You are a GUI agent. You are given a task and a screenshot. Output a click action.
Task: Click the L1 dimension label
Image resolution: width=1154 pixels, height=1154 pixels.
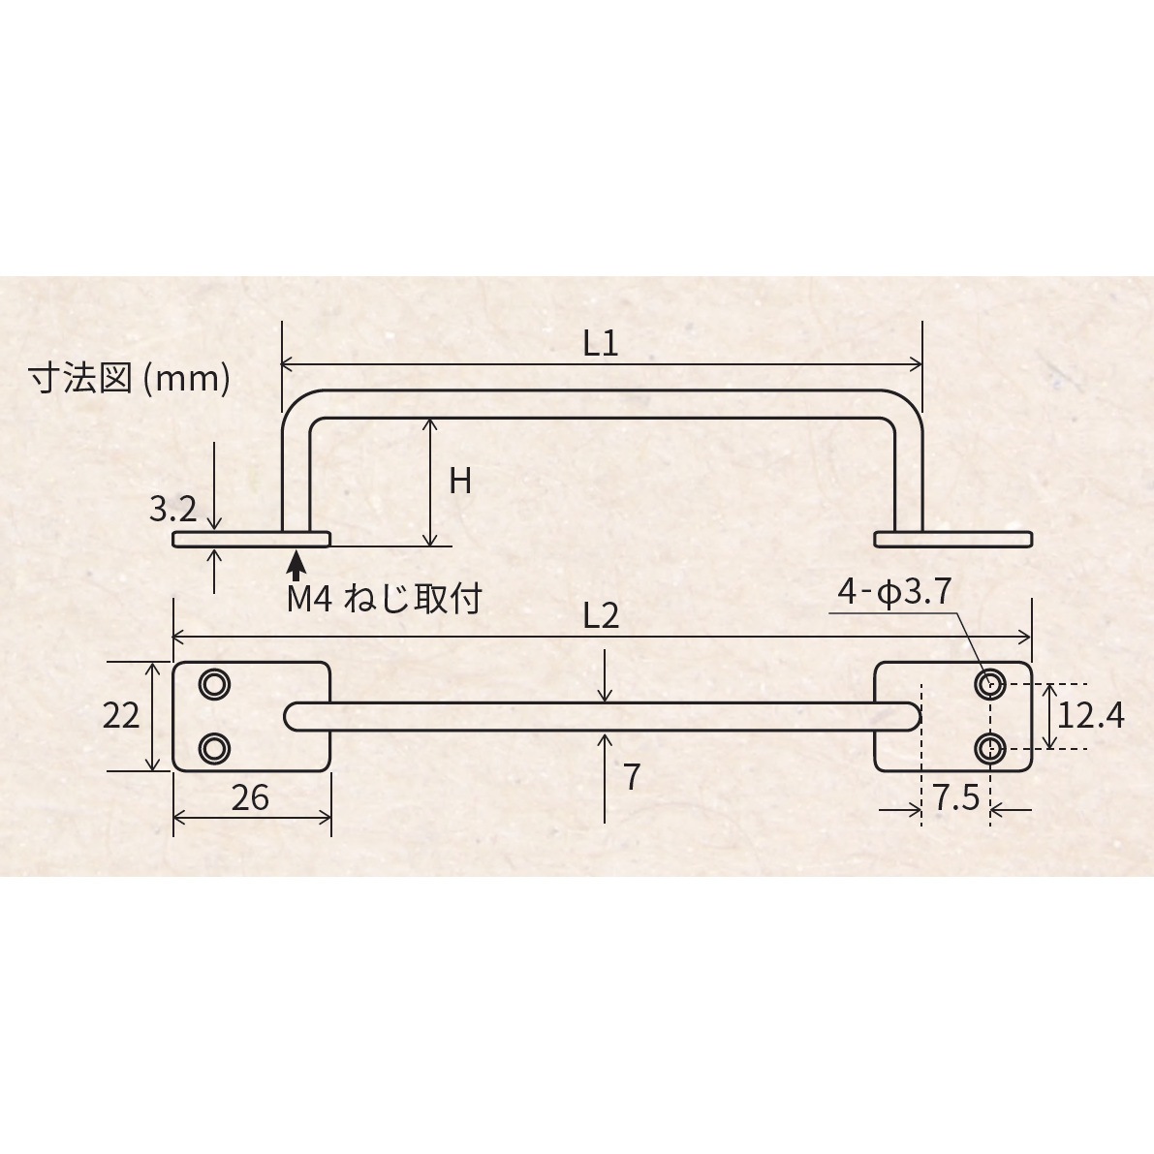600,343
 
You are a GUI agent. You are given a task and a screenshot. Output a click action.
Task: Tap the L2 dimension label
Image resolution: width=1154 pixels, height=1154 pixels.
601,616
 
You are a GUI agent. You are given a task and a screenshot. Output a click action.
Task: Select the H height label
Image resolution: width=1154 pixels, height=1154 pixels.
460,482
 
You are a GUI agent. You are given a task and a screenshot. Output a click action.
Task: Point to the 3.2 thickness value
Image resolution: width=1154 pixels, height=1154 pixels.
172,509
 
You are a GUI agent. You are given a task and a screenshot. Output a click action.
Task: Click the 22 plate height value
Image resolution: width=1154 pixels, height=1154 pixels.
121,715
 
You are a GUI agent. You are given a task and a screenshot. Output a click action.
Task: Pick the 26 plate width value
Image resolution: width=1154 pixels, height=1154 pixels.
250,797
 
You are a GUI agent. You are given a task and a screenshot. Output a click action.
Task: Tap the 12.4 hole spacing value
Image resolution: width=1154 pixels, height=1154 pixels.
1091,715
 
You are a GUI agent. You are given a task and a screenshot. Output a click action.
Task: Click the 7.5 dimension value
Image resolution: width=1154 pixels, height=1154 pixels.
956,797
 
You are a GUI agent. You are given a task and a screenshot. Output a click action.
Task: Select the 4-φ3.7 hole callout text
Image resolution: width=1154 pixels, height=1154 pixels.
895,591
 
